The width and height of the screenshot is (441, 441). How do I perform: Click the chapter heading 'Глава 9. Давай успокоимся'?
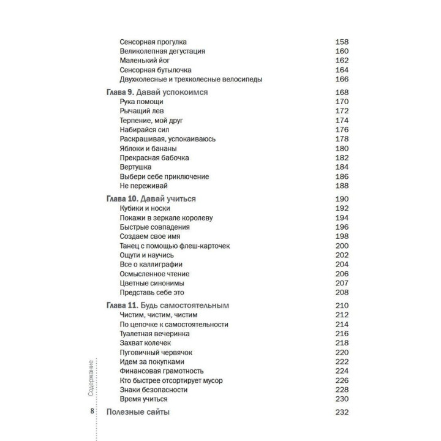pyautogui.click(x=158, y=92)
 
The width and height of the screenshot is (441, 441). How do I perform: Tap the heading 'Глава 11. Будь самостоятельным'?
pyautogui.click(x=167, y=305)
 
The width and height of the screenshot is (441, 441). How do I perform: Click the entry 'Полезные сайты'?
pyautogui.click(x=138, y=412)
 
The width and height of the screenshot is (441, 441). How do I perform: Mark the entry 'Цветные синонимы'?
pyautogui.click(x=153, y=284)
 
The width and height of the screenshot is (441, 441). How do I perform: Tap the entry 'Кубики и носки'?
pyautogui.click(x=145, y=208)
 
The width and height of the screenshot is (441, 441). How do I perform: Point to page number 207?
pyautogui.click(x=342, y=284)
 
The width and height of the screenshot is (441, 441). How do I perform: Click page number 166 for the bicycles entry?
pyautogui.click(x=342, y=80)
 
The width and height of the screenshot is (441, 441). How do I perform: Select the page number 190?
pyautogui.click(x=342, y=198)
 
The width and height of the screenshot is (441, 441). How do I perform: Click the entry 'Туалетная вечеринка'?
pyautogui.click(x=154, y=334)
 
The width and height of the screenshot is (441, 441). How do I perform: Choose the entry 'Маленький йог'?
pyautogui.click(x=145, y=61)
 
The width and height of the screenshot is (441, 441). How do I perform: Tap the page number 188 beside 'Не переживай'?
pyautogui.click(x=342, y=186)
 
